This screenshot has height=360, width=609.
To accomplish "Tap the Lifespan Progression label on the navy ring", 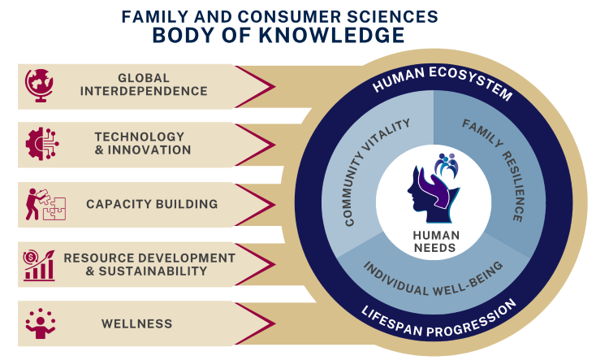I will (x=443, y=319).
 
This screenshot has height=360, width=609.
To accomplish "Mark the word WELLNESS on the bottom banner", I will (x=136, y=323).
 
